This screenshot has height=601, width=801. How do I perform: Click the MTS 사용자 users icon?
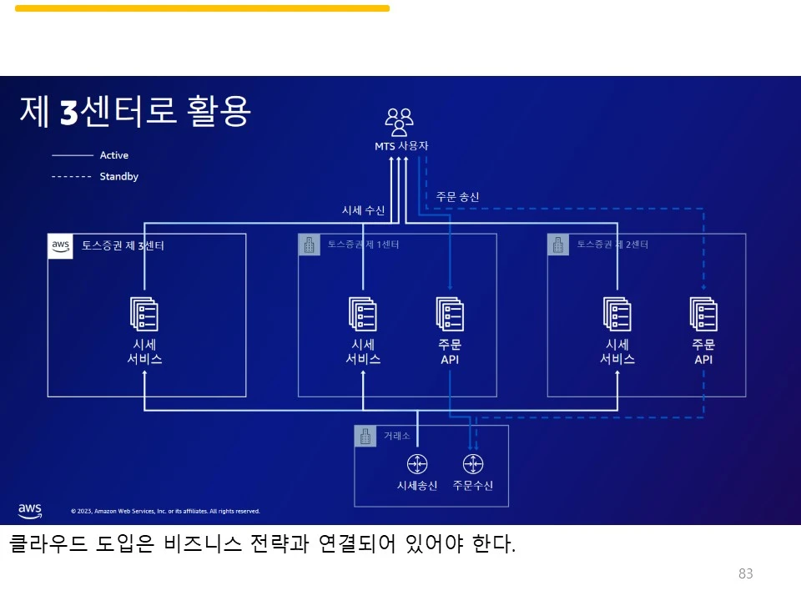[x=400, y=122]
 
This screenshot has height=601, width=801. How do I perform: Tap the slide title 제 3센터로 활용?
[x=134, y=112]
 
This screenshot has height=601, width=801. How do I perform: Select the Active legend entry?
[x=113, y=155]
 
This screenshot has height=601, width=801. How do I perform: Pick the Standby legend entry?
[x=118, y=177]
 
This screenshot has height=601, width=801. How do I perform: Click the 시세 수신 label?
[x=363, y=210]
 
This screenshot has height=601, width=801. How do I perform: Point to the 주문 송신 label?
[x=457, y=197]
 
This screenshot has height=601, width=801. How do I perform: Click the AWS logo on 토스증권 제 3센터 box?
[x=60, y=246]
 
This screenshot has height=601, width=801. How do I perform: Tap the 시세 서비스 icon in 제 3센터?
[x=144, y=314]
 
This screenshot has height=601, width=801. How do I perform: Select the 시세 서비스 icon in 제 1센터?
[x=363, y=314]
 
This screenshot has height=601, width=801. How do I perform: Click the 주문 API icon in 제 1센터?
[x=450, y=314]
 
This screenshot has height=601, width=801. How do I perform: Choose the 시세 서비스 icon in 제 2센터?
[x=617, y=314]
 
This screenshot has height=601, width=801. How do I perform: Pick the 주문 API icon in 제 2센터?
[x=703, y=314]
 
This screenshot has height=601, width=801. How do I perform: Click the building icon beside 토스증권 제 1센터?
[x=310, y=245]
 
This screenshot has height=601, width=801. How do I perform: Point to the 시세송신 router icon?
[x=417, y=464]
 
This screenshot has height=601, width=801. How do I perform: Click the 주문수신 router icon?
[x=473, y=464]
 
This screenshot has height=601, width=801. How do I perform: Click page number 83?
[x=746, y=573]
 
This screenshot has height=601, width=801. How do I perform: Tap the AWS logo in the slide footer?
[x=30, y=510]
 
